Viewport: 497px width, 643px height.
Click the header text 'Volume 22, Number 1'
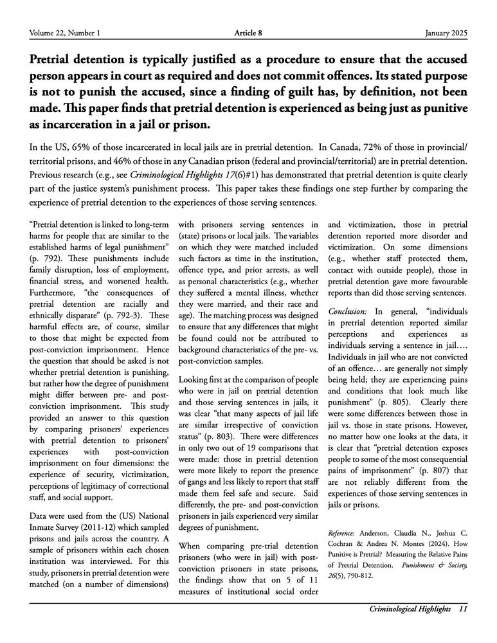click(64, 33)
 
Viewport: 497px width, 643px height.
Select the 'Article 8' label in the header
click(248, 33)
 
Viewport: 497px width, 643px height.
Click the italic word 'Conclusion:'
click(348, 311)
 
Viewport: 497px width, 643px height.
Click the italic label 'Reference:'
click(345, 533)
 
